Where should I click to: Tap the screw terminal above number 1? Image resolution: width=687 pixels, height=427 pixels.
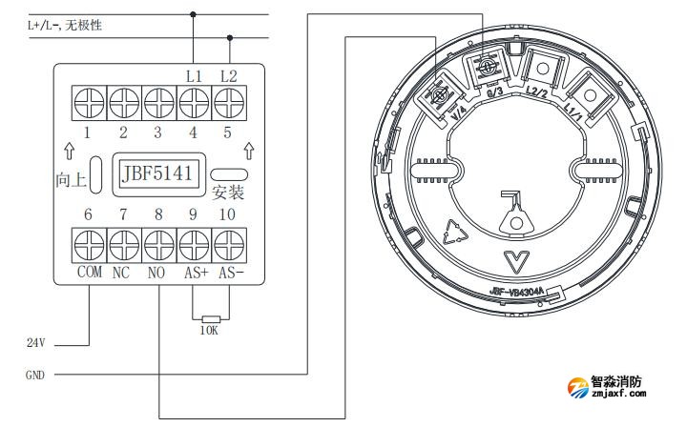click(x=89, y=100)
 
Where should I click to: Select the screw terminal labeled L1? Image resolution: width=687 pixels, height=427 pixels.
click(x=195, y=100)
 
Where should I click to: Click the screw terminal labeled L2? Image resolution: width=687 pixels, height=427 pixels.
click(x=228, y=100)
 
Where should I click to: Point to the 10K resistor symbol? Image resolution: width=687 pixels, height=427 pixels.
click(x=211, y=319)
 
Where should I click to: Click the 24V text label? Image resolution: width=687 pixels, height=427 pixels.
click(x=36, y=341)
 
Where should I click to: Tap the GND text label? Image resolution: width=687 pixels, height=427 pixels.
click(x=34, y=376)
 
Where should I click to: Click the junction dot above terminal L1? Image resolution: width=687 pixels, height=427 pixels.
click(x=194, y=14)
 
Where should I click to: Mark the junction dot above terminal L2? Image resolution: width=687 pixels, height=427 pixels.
click(x=229, y=38)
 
